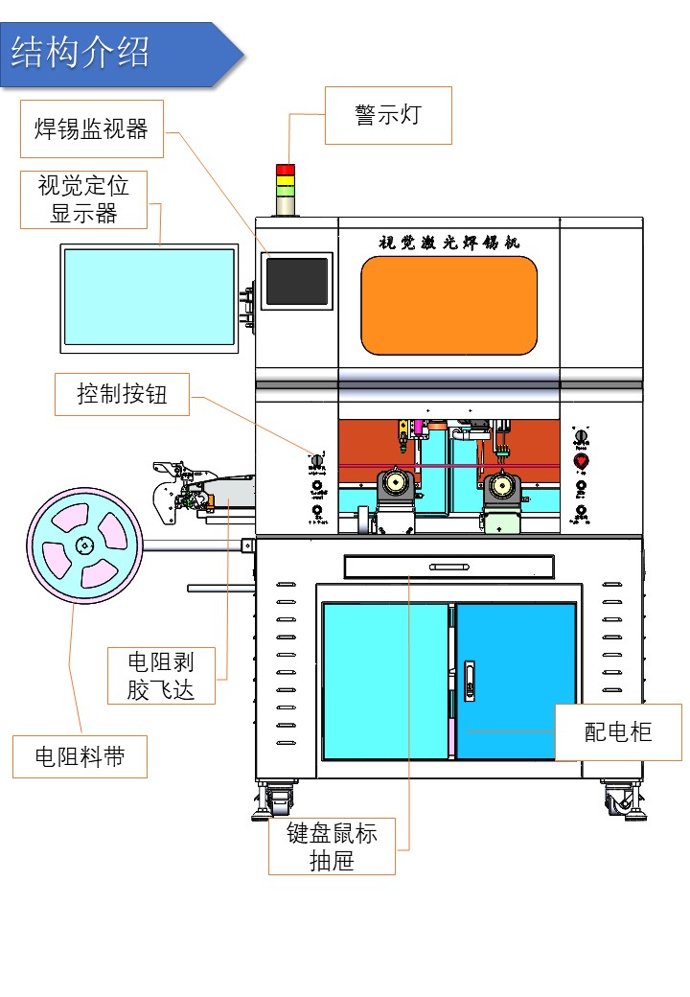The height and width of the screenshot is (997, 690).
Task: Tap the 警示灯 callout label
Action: coord(388,116)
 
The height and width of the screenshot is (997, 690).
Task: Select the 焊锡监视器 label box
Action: coord(92,129)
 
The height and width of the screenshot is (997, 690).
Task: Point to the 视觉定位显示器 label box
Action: coord(84,199)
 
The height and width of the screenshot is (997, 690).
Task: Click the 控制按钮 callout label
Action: coord(123,394)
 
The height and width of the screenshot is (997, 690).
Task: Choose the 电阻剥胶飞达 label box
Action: coord(161,676)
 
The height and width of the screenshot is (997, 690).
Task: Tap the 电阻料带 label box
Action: coord(80,756)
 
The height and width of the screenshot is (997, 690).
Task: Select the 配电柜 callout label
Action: coord(618,732)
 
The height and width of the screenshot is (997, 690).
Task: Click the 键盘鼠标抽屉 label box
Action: coord(332,846)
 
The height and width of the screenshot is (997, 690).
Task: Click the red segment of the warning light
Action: coord(286,170)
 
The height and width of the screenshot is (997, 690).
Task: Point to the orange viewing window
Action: coord(448,305)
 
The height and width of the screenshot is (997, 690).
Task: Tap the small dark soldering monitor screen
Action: coord(297,281)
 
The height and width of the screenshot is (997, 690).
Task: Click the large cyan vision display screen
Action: coord(149,297)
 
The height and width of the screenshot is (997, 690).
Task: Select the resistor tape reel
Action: coord(84,547)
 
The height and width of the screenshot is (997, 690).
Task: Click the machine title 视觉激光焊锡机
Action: coord(448,242)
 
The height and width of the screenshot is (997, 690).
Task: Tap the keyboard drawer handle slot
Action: coord(448,567)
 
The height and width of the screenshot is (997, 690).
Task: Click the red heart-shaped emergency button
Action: coord(580,462)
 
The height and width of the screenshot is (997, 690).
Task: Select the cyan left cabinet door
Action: coord(385,681)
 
